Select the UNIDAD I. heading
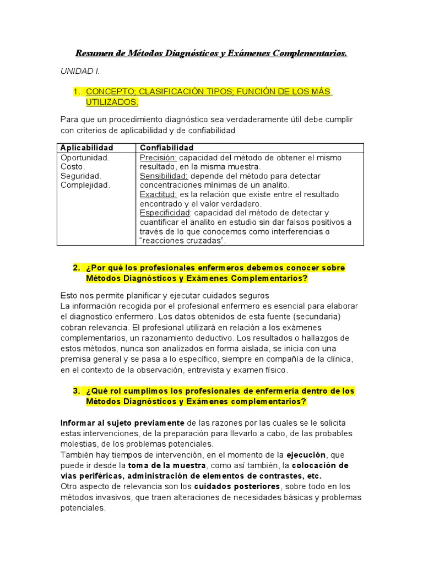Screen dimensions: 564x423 click(x=80, y=72)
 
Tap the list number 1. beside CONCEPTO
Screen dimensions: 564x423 click(x=77, y=91)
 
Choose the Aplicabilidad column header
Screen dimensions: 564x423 click(x=86, y=148)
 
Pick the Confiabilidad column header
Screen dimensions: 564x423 click(x=166, y=148)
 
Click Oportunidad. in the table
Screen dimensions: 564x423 click(x=85, y=158)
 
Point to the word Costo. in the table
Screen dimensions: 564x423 click(x=73, y=167)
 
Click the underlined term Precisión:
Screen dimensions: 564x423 click(x=158, y=158)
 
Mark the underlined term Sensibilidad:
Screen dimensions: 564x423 click(x=164, y=176)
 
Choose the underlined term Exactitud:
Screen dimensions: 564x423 click(x=158, y=195)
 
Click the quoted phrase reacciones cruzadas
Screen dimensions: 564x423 click(x=182, y=241)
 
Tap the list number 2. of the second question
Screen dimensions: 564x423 click(x=77, y=268)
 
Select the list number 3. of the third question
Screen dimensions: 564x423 click(x=77, y=391)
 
